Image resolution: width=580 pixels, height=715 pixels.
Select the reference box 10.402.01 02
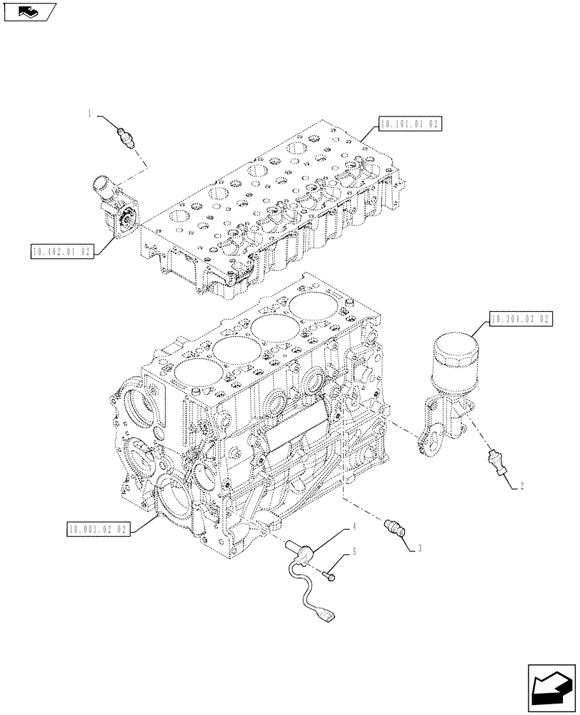pyautogui.click(x=62, y=252)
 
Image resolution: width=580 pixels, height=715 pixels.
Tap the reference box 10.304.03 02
pyautogui.click(x=521, y=319)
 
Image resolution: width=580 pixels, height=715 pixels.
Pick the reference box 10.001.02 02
pyautogui.click(x=98, y=530)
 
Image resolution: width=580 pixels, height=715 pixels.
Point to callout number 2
pyautogui.click(x=522, y=486)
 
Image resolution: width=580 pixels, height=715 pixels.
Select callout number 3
pyautogui.click(x=420, y=548)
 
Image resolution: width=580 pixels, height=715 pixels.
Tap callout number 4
pyautogui.click(x=353, y=527)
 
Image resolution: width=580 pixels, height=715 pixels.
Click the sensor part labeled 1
pyautogui.click(x=126, y=135)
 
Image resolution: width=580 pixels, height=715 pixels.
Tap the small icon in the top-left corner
pyautogui.click(x=29, y=11)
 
